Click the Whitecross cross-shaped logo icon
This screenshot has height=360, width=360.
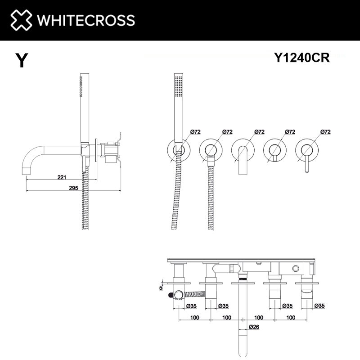(21, 20)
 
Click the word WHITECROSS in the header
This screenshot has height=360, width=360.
(86, 20)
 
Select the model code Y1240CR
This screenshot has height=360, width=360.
(301, 58)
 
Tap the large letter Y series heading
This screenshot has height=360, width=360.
(22, 60)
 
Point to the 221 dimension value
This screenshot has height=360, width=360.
(62, 177)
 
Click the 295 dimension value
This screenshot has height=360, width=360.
(73, 188)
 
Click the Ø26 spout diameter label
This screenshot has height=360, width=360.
(254, 327)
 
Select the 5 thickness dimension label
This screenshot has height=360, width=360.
(161, 288)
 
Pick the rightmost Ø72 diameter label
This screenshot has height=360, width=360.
(325, 132)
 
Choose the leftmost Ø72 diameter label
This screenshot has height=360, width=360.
(195, 132)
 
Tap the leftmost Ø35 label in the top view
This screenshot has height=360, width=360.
(192, 306)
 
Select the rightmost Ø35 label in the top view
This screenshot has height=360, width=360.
(319, 306)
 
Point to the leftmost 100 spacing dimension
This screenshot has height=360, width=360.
(194, 318)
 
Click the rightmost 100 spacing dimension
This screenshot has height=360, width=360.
(291, 318)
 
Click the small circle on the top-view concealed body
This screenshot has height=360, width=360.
(296, 268)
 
